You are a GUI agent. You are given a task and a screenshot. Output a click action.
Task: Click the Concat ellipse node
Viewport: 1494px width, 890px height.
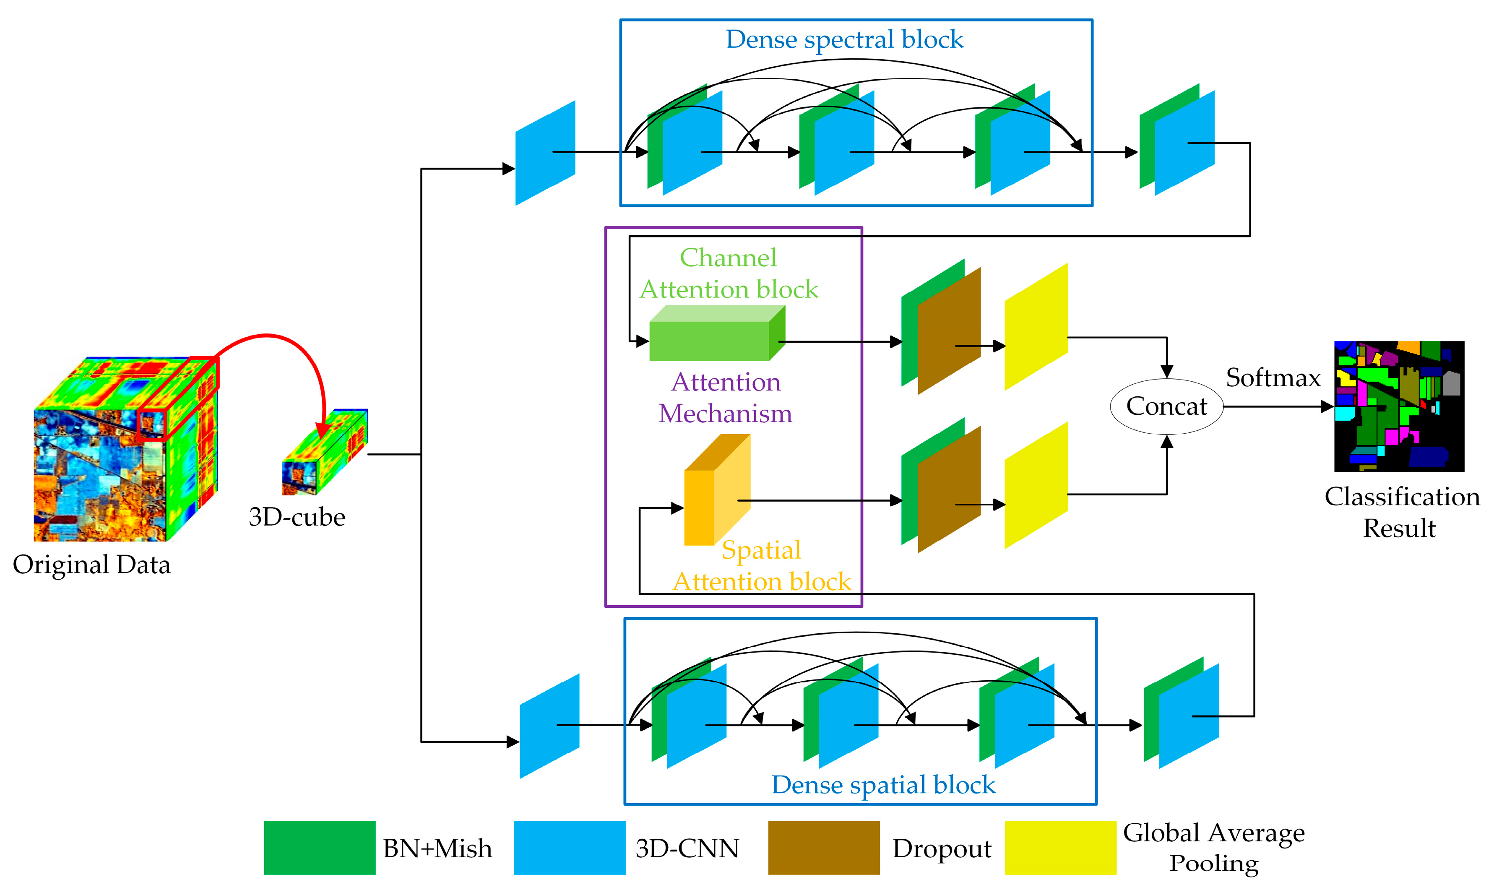tap(1166, 406)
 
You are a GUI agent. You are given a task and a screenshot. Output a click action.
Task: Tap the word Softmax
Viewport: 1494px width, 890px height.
tap(1273, 378)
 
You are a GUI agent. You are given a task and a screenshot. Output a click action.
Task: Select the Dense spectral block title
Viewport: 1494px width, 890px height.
tap(844, 39)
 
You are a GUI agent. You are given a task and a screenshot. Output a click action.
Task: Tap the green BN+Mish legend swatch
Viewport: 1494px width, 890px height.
tap(319, 847)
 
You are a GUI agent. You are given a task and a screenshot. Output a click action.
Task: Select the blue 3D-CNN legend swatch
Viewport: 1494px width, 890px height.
tap(569, 847)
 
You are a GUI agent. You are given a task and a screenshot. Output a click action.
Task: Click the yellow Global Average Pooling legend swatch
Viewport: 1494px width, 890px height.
tap(1060, 847)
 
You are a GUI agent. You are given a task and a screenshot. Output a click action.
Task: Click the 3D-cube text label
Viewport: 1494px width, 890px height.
tap(297, 517)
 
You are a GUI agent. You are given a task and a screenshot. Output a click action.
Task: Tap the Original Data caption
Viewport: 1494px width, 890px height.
tap(92, 565)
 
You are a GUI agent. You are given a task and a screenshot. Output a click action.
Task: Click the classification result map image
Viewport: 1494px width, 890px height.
tap(1399, 406)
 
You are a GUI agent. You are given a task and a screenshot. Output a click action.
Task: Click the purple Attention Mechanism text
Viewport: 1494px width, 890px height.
tap(725, 398)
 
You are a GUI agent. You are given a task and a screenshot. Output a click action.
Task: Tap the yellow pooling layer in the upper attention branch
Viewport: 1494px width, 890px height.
tap(1036, 327)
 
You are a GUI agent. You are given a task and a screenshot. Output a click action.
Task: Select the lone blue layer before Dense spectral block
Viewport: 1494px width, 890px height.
tap(544, 153)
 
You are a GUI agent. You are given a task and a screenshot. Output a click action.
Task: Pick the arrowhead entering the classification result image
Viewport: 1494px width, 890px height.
tap(1327, 406)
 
